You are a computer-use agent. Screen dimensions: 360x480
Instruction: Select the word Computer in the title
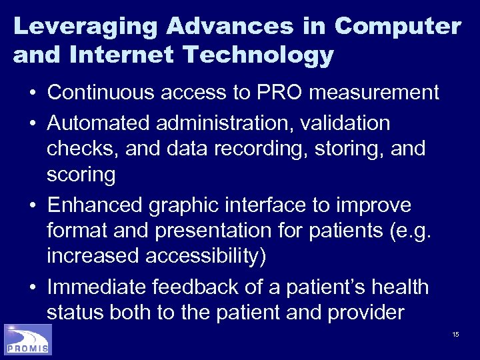pyautogui.click(x=398, y=27)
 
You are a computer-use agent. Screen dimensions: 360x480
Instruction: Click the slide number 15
pyautogui.click(x=455, y=334)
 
